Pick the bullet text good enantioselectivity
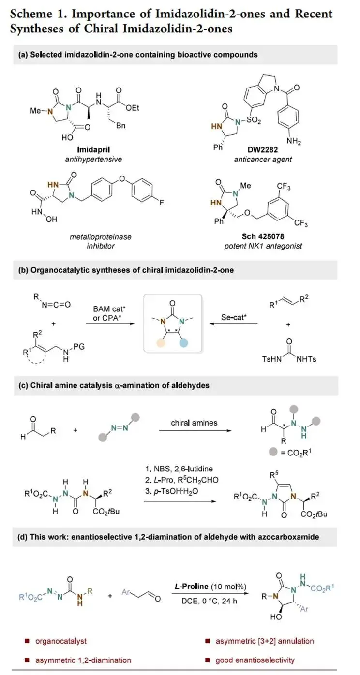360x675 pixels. click(x=255, y=660)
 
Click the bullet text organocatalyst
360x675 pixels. click(x=61, y=641)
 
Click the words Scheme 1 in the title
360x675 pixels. click(x=33, y=13)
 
